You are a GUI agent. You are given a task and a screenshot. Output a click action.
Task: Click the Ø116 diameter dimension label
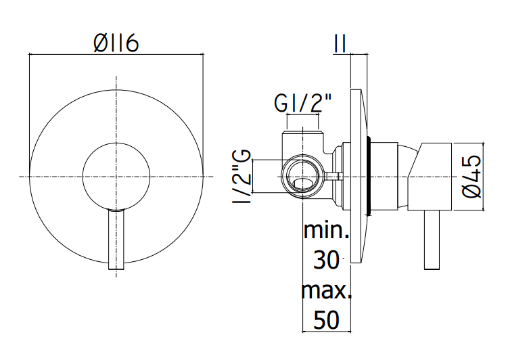coord(116,43)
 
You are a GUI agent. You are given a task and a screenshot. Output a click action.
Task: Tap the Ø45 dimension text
coord(471,177)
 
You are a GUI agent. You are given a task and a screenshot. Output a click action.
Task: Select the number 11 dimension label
coord(340,43)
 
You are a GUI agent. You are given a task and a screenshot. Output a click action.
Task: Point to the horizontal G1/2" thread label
coord(302,104)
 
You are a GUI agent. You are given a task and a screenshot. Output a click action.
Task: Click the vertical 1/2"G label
coord(241,177)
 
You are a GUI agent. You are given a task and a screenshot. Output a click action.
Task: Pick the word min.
coord(326,230)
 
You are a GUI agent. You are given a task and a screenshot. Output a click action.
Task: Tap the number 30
coord(326,260)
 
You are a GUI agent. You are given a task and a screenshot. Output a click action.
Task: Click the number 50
coord(326,319)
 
